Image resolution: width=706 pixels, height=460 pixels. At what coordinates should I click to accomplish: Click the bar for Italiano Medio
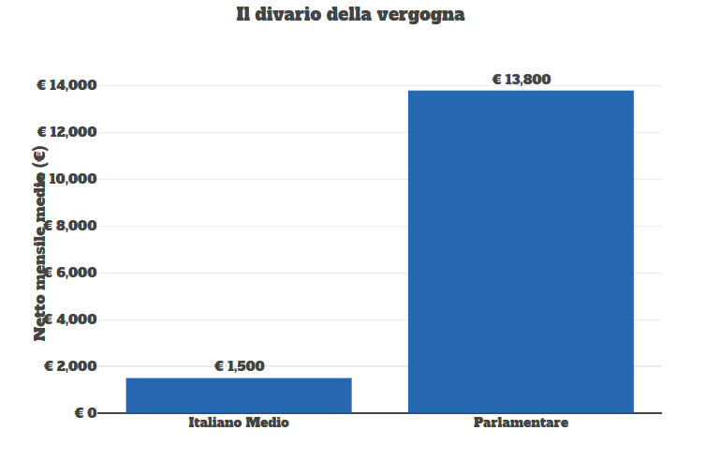(239, 394)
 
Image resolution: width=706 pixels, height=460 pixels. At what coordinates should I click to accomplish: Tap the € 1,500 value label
(240, 366)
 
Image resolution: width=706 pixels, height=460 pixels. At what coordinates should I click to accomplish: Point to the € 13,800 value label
(522, 80)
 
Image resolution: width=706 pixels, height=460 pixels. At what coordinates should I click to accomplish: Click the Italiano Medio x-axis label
(239, 423)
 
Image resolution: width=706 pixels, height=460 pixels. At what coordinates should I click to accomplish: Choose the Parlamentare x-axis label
(521, 423)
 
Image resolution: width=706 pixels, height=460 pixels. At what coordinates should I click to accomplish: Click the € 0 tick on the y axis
(85, 413)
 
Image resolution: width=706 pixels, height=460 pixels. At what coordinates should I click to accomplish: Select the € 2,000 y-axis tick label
(70, 366)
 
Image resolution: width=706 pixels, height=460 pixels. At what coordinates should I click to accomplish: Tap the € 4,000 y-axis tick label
(70, 319)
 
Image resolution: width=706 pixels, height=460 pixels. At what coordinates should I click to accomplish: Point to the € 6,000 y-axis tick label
(70, 273)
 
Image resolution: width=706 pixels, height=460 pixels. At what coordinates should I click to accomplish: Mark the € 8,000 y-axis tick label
(70, 226)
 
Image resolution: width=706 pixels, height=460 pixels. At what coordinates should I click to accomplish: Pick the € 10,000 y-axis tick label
(66, 179)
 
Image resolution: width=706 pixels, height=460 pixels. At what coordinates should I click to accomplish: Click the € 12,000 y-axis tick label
(66, 132)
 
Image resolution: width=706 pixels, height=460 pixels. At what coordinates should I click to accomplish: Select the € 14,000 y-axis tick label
(66, 85)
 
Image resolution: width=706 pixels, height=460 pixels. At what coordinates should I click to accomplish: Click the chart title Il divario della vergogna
(350, 15)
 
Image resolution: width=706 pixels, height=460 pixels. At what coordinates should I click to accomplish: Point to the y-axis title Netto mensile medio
(40, 243)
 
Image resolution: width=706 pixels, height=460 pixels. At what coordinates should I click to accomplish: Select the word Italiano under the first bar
(215, 423)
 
